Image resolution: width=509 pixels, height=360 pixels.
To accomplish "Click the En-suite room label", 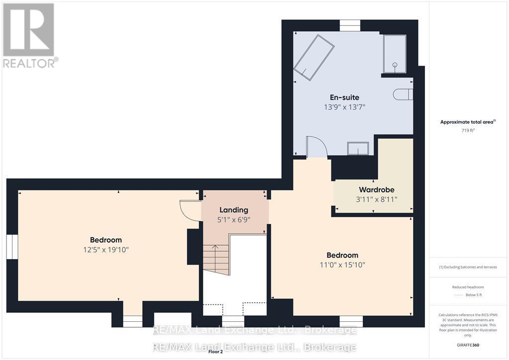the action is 344,97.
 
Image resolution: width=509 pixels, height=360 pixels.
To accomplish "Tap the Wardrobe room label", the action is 377,189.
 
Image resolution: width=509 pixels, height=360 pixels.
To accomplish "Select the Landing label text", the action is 234,210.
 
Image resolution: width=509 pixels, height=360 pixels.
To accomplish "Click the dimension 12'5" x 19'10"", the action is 106,250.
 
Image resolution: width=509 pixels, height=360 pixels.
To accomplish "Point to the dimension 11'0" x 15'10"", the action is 342,265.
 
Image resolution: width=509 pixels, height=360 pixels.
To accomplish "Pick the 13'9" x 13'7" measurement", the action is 344,107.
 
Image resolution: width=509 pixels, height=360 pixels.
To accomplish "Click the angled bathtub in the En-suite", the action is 314,58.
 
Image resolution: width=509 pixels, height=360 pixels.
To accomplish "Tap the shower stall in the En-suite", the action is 394,54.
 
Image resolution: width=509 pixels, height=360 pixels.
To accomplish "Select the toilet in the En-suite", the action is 403,94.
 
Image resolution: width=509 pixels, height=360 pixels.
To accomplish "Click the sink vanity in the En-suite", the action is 358,148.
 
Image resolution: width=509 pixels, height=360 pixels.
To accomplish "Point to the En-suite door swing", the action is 316,147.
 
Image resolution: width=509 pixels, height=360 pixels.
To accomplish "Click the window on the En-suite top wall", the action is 350,26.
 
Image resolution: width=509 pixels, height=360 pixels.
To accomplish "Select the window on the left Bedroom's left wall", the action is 12,247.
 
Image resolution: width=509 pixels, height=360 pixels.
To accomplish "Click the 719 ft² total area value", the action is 468,130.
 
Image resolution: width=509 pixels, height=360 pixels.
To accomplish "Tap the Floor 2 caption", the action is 216,352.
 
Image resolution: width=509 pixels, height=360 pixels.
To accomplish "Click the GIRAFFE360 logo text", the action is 468,345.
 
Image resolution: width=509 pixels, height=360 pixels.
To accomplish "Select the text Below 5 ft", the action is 474,295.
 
